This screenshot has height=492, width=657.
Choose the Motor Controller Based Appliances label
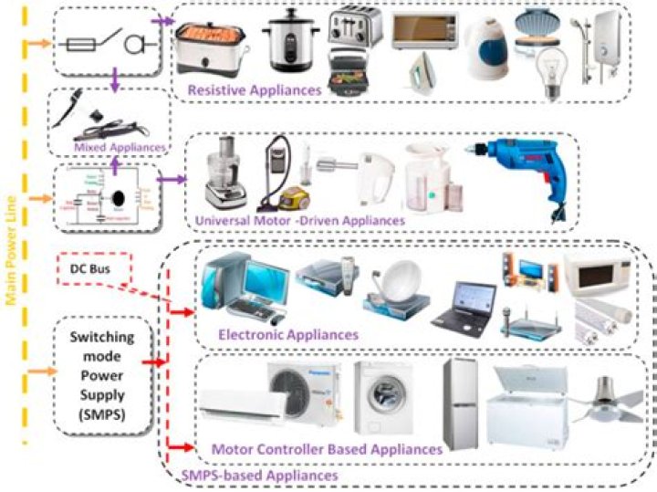[327, 449]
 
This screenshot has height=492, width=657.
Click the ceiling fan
[612, 401]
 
